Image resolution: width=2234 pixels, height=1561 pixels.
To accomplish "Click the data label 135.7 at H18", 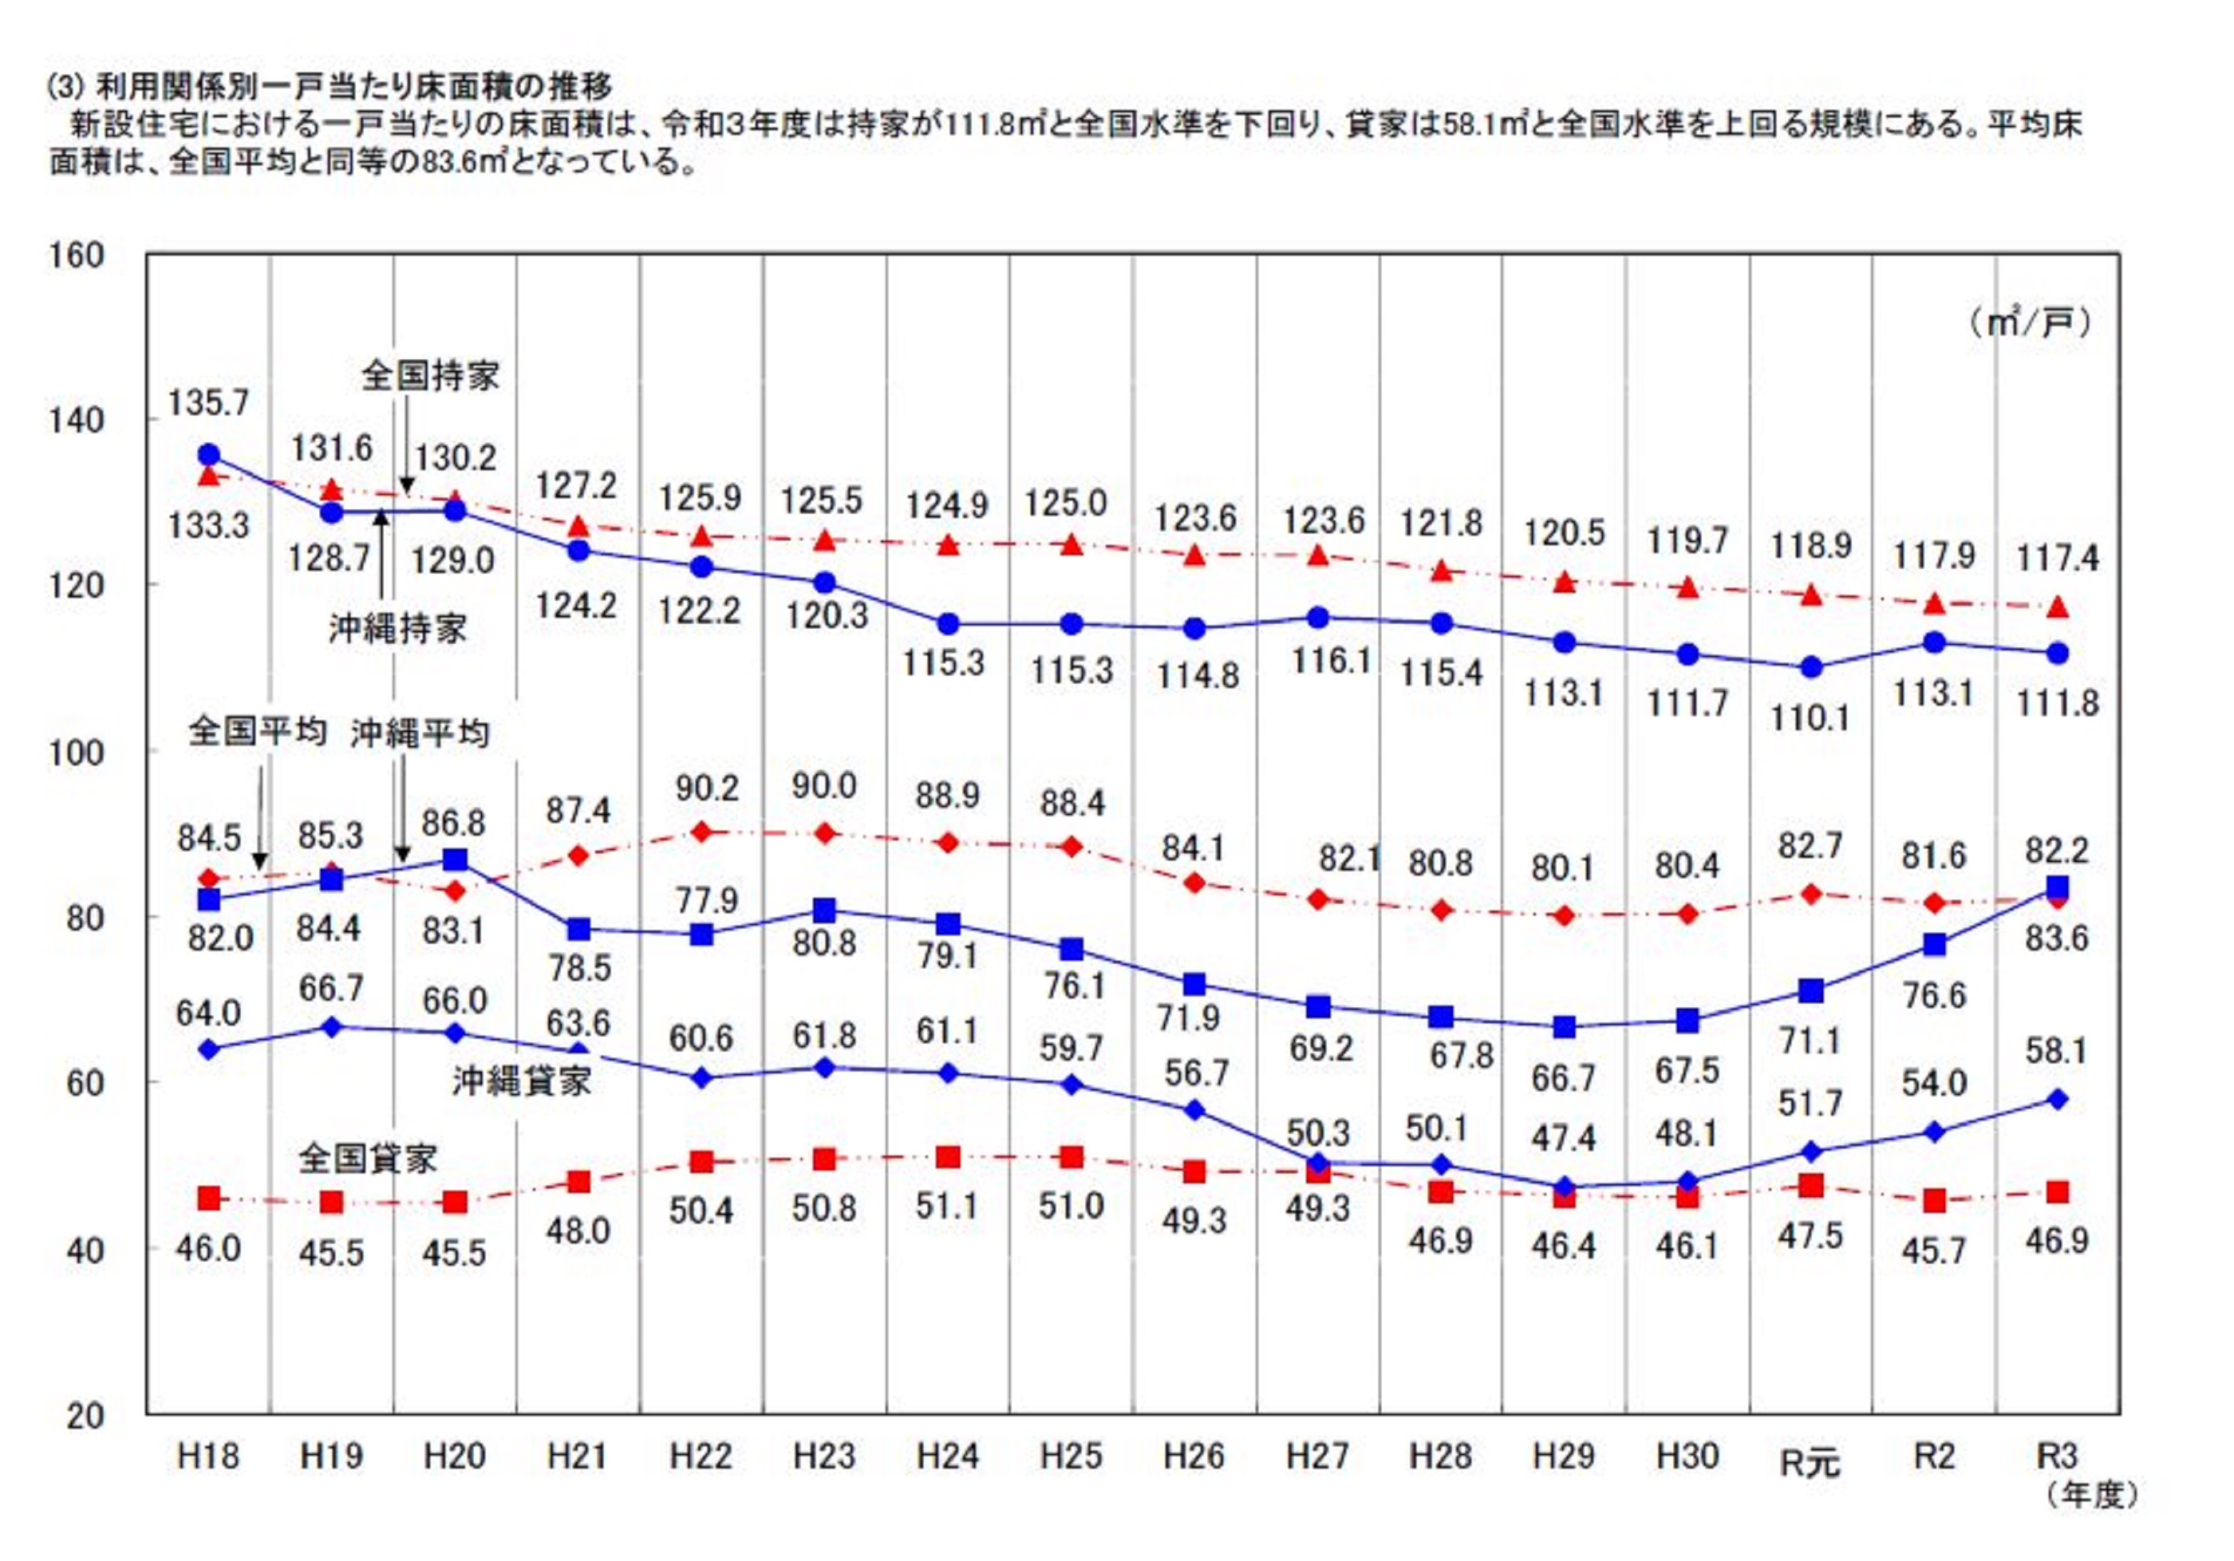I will [x=208, y=403].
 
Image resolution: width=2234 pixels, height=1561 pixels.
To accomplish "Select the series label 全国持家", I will [x=430, y=376].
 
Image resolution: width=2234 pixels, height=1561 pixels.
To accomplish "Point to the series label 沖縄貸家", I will [x=522, y=1081].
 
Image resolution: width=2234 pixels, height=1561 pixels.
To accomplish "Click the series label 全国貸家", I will [x=367, y=1158].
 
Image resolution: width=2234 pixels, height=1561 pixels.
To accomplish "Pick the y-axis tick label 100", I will [x=76, y=753].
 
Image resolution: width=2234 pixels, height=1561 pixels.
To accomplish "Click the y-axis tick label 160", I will [x=76, y=256].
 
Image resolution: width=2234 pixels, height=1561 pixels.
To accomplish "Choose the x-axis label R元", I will [x=1810, y=1462].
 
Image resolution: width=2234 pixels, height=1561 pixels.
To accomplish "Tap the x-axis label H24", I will [x=948, y=1457].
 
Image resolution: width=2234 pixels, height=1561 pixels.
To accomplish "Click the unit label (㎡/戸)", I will [x=2030, y=322].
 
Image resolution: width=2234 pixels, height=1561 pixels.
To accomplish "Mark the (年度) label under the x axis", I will [x=2092, y=1496].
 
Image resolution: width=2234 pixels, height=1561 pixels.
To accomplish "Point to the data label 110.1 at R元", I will [x=1810, y=718].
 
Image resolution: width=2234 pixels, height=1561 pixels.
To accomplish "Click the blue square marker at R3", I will [x=2057, y=887].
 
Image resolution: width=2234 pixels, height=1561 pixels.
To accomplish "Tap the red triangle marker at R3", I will [x=2057, y=607].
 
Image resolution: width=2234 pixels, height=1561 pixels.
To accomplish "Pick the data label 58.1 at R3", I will [x=2056, y=1051].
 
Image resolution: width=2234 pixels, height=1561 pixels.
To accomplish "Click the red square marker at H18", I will [x=208, y=1198].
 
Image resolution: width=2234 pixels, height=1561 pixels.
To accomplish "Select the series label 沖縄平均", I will [x=420, y=733].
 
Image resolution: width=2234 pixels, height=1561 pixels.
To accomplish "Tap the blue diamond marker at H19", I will [x=332, y=1027].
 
